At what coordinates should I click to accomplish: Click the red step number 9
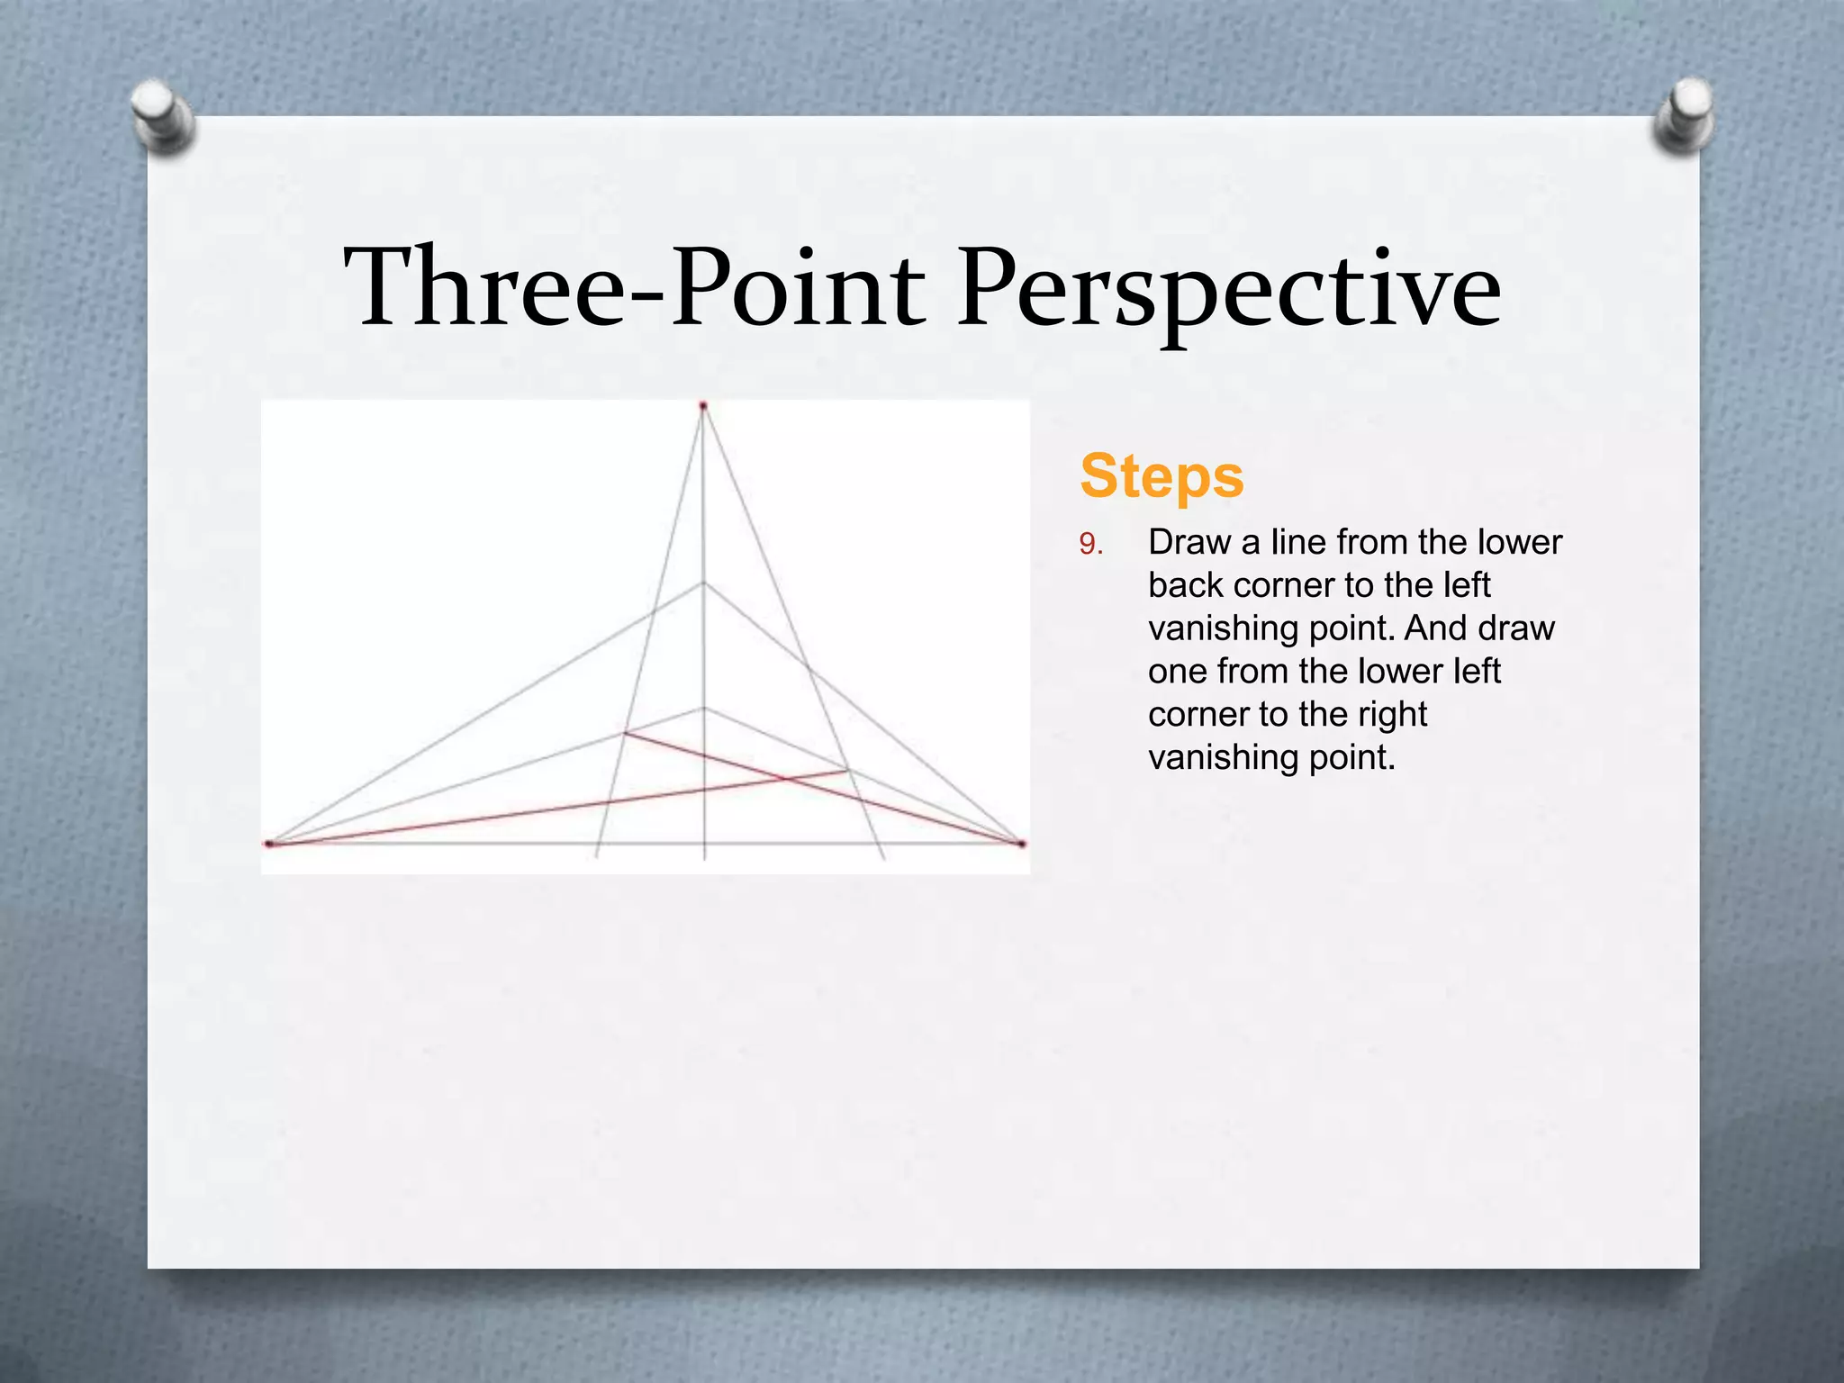tap(1089, 544)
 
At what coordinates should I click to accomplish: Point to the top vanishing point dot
tap(703, 406)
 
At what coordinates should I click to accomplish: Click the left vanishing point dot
tap(268, 844)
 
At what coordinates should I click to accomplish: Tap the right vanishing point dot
tap(1022, 844)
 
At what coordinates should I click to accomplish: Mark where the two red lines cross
tap(782, 779)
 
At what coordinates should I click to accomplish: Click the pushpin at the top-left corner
tap(163, 115)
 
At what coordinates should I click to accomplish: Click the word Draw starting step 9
tap(1189, 542)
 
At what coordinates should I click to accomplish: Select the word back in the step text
tap(1186, 585)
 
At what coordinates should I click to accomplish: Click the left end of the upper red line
tap(625, 733)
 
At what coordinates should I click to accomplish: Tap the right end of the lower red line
tap(845, 771)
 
